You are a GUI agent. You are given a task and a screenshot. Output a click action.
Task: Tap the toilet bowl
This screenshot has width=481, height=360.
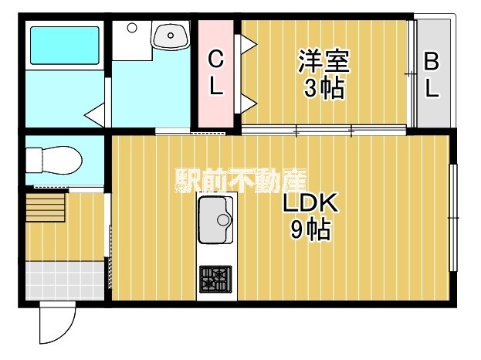click(54, 160)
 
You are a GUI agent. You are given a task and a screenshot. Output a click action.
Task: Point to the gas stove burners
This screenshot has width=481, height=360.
click(215, 279)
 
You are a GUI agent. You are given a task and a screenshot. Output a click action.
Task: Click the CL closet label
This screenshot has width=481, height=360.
click(217, 73)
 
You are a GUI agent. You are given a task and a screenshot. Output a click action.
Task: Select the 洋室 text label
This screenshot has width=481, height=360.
click(323, 59)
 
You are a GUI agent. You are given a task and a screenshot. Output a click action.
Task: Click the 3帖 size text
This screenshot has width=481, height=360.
click(323, 87)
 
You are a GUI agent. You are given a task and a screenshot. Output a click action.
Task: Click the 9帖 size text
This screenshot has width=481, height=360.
click(310, 230)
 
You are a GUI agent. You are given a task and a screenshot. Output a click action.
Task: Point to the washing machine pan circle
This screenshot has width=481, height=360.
click(131, 28)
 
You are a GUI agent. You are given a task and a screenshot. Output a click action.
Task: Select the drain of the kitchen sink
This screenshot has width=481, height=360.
click(224, 219)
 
